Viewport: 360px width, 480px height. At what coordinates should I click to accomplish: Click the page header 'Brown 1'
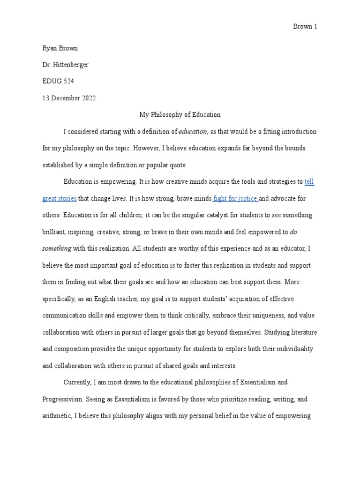click(305, 27)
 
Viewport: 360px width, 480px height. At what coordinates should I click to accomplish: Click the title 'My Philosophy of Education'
click(180, 114)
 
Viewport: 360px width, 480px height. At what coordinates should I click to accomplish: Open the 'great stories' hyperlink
click(59, 199)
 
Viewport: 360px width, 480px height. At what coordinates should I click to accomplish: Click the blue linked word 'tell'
click(309, 182)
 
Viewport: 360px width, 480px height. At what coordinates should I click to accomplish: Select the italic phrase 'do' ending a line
click(294, 232)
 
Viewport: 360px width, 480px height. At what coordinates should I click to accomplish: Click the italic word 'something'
click(57, 248)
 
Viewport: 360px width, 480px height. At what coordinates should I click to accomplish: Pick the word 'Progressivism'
click(63, 399)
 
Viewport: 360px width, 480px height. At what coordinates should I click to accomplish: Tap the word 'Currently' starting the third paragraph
click(77, 382)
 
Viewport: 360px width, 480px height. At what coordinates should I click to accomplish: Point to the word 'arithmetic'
click(57, 416)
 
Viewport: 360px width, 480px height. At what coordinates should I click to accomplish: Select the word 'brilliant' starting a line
click(55, 232)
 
